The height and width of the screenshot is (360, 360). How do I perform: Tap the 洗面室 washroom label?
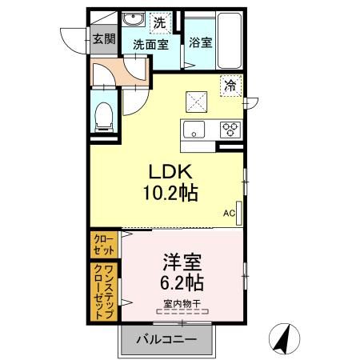tap(150, 46)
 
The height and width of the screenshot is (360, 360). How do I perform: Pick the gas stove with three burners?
tap(230, 129)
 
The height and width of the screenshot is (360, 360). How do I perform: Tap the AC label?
tap(228, 213)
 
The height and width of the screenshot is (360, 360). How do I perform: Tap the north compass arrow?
tap(282, 338)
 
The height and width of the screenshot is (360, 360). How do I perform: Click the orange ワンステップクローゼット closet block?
tap(103, 291)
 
